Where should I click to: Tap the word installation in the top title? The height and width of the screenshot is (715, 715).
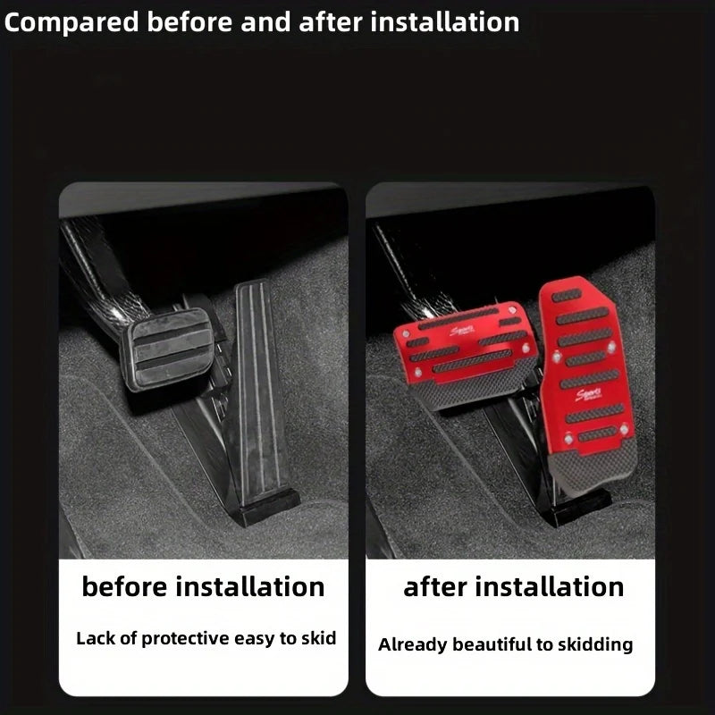point(446,22)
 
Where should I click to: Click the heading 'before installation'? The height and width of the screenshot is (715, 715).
point(203,587)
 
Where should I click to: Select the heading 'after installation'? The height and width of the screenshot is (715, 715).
point(513,587)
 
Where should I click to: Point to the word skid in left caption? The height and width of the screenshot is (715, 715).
point(320,638)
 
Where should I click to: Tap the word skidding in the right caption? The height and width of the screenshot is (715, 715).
point(597,644)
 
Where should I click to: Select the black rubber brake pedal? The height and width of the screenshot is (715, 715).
point(168,349)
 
